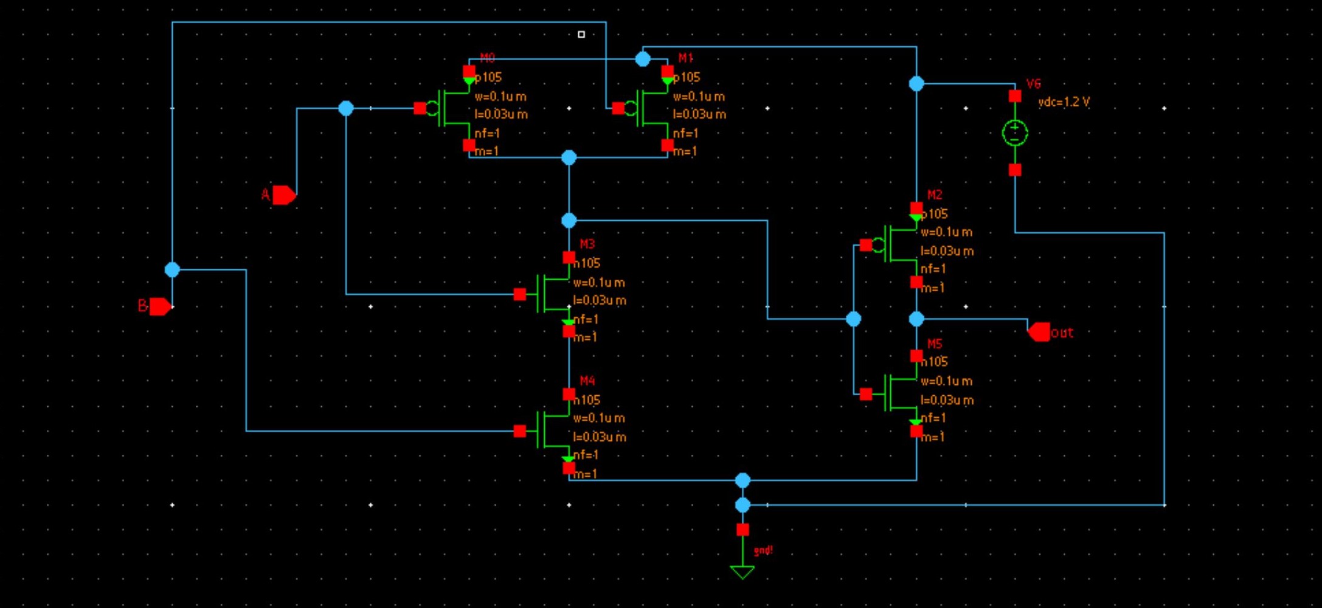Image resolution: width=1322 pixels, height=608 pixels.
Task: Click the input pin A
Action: point(283,195)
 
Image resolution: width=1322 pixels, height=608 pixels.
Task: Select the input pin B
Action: point(160,306)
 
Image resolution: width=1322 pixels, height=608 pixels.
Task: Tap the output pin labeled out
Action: point(1039,332)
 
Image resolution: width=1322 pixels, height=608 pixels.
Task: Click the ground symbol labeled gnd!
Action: point(742,572)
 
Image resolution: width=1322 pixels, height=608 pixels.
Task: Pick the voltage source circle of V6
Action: point(1015,133)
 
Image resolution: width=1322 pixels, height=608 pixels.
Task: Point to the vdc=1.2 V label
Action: point(1064,102)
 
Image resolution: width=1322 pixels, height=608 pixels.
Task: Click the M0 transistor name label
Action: point(487,58)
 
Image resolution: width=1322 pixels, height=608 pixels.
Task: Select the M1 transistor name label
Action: point(685,58)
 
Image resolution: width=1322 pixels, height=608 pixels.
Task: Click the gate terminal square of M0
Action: point(420,108)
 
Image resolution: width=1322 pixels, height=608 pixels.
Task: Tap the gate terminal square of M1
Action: point(618,108)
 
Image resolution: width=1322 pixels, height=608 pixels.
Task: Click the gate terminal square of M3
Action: point(519,294)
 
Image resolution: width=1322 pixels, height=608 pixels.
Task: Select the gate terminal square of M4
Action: point(519,431)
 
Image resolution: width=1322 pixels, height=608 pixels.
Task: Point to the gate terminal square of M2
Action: point(866,245)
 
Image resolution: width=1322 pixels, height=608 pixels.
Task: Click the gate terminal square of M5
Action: point(866,394)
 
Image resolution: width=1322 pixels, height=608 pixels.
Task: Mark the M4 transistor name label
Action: point(587,381)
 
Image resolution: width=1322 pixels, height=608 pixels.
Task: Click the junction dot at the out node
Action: point(916,319)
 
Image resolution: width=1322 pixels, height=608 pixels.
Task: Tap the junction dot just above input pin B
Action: point(172,269)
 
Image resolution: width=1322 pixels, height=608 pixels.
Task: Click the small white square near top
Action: point(581,35)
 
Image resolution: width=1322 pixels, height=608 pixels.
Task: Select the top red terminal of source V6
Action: point(1015,96)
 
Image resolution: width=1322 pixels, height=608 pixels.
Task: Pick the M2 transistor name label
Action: point(934,195)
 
